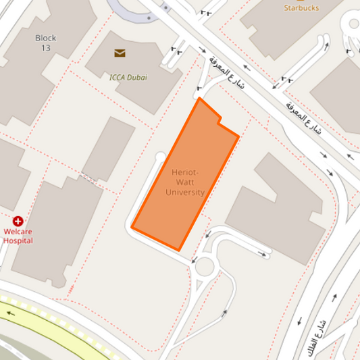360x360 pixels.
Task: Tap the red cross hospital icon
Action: [x=18, y=221]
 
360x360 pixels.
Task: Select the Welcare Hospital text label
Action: [x=18, y=236]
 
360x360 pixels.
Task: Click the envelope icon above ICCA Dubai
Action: [x=120, y=53]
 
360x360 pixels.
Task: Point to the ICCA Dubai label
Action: [x=128, y=77]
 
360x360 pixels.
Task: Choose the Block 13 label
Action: [x=46, y=43]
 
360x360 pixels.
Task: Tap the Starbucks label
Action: [x=301, y=7]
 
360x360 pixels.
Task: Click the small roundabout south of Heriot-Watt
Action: [x=203, y=267]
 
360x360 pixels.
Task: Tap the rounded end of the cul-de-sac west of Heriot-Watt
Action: [x=160, y=157]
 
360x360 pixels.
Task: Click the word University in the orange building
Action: [x=185, y=192]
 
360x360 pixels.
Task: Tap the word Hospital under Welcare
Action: [x=18, y=240]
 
